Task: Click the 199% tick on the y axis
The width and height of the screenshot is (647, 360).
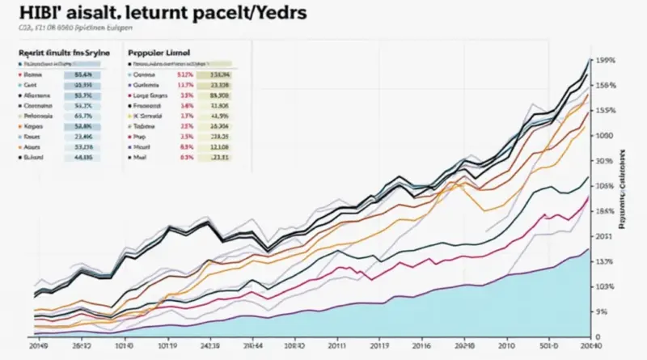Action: pyautogui.click(x=605, y=61)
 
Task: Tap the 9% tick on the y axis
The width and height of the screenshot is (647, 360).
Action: pyautogui.click(x=601, y=311)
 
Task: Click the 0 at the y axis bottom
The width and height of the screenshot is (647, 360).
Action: pyautogui.click(x=598, y=337)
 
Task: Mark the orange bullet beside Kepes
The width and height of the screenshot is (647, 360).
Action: pyautogui.click(x=18, y=126)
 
